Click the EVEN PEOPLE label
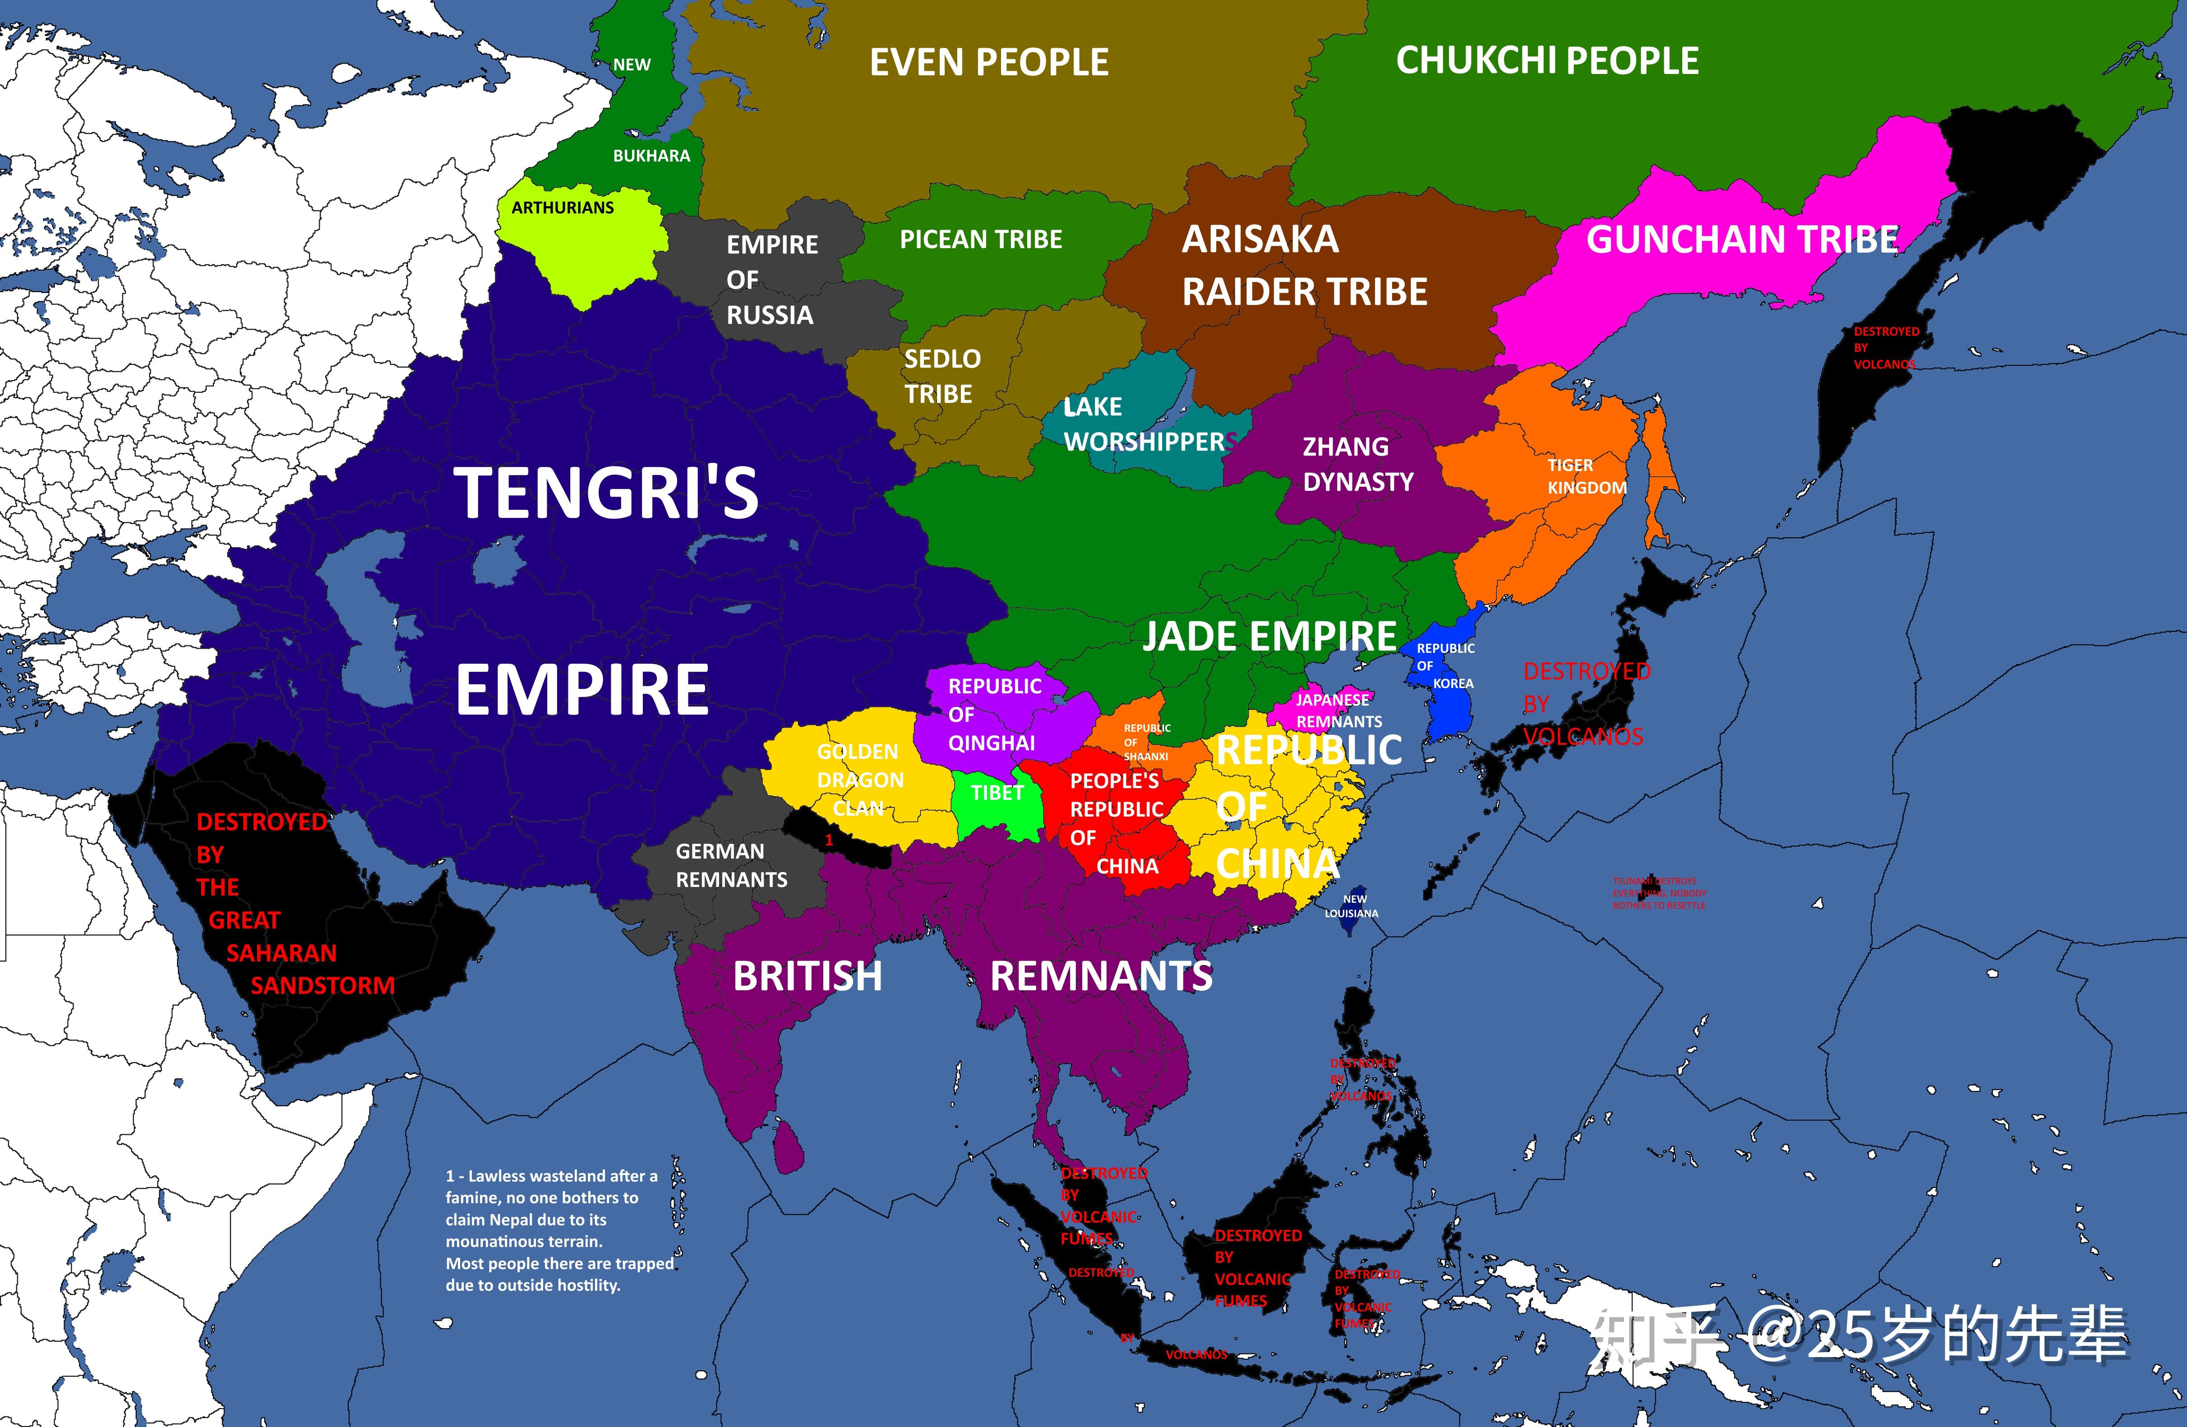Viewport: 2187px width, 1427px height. [x=989, y=62]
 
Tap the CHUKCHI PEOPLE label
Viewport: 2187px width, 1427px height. [x=1546, y=60]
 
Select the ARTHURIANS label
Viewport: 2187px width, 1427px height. [x=563, y=208]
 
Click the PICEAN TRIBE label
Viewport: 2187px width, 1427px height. [x=980, y=240]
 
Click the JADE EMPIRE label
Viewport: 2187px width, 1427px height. [x=1269, y=636]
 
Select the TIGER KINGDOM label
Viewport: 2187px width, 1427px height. [x=1586, y=476]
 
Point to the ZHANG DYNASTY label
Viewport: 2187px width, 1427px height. [x=1357, y=464]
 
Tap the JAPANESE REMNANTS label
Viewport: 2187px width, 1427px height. [x=1338, y=710]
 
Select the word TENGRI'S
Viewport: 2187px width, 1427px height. [x=606, y=494]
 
